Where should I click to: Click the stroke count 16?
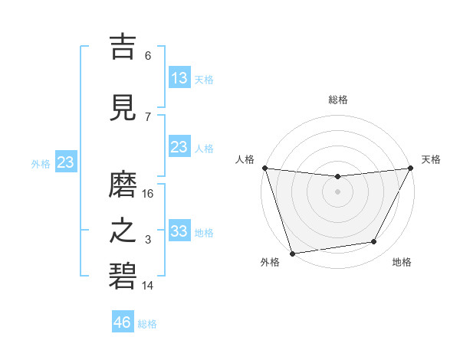(148, 194)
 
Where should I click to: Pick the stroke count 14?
(148, 286)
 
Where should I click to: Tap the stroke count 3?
(148, 240)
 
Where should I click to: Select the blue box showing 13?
(179, 77)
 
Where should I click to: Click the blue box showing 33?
(179, 231)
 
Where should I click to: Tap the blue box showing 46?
(123, 322)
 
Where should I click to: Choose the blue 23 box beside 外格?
(65, 162)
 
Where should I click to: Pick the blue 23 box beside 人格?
(179, 147)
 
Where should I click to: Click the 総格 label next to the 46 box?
(147, 324)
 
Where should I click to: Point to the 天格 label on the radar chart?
(431, 159)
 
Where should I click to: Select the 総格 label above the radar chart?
(337, 100)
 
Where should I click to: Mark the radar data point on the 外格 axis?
(292, 252)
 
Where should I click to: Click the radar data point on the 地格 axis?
(374, 242)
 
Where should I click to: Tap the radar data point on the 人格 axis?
(264, 168)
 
